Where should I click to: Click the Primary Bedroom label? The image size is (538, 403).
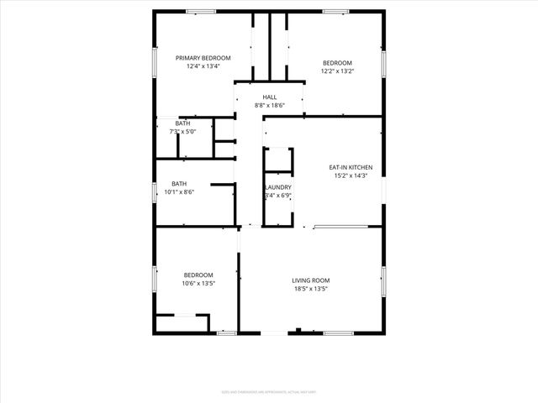203,58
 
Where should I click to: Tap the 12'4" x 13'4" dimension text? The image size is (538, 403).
203,67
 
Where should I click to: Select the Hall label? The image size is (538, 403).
270,97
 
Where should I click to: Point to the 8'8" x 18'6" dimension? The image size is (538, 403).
270,106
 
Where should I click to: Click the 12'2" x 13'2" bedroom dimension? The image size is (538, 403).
338,71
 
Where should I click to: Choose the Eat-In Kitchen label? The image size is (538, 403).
351,167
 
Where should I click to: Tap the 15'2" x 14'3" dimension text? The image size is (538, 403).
351,176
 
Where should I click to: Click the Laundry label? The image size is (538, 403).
278,187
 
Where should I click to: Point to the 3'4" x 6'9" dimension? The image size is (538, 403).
278,196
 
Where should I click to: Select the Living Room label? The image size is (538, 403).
310,280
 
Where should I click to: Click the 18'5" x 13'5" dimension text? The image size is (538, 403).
310,290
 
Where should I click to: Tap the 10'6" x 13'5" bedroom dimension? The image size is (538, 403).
199,284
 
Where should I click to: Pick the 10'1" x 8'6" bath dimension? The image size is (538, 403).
179,192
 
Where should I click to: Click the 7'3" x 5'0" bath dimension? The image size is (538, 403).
182,132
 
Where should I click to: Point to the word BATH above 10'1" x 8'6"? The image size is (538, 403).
179,184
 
